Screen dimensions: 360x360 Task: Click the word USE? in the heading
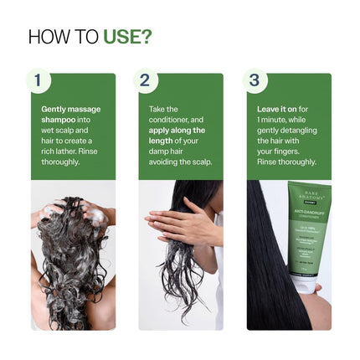[127, 37]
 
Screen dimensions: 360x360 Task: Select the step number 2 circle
[146, 80]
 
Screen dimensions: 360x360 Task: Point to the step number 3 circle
[255, 80]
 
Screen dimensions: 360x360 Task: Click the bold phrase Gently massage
[70, 109]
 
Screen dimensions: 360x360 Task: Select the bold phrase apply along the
[177, 130]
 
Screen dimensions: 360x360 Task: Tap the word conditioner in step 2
[168, 120]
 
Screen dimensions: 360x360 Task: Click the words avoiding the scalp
[180, 162]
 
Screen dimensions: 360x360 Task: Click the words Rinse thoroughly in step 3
[286, 162]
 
